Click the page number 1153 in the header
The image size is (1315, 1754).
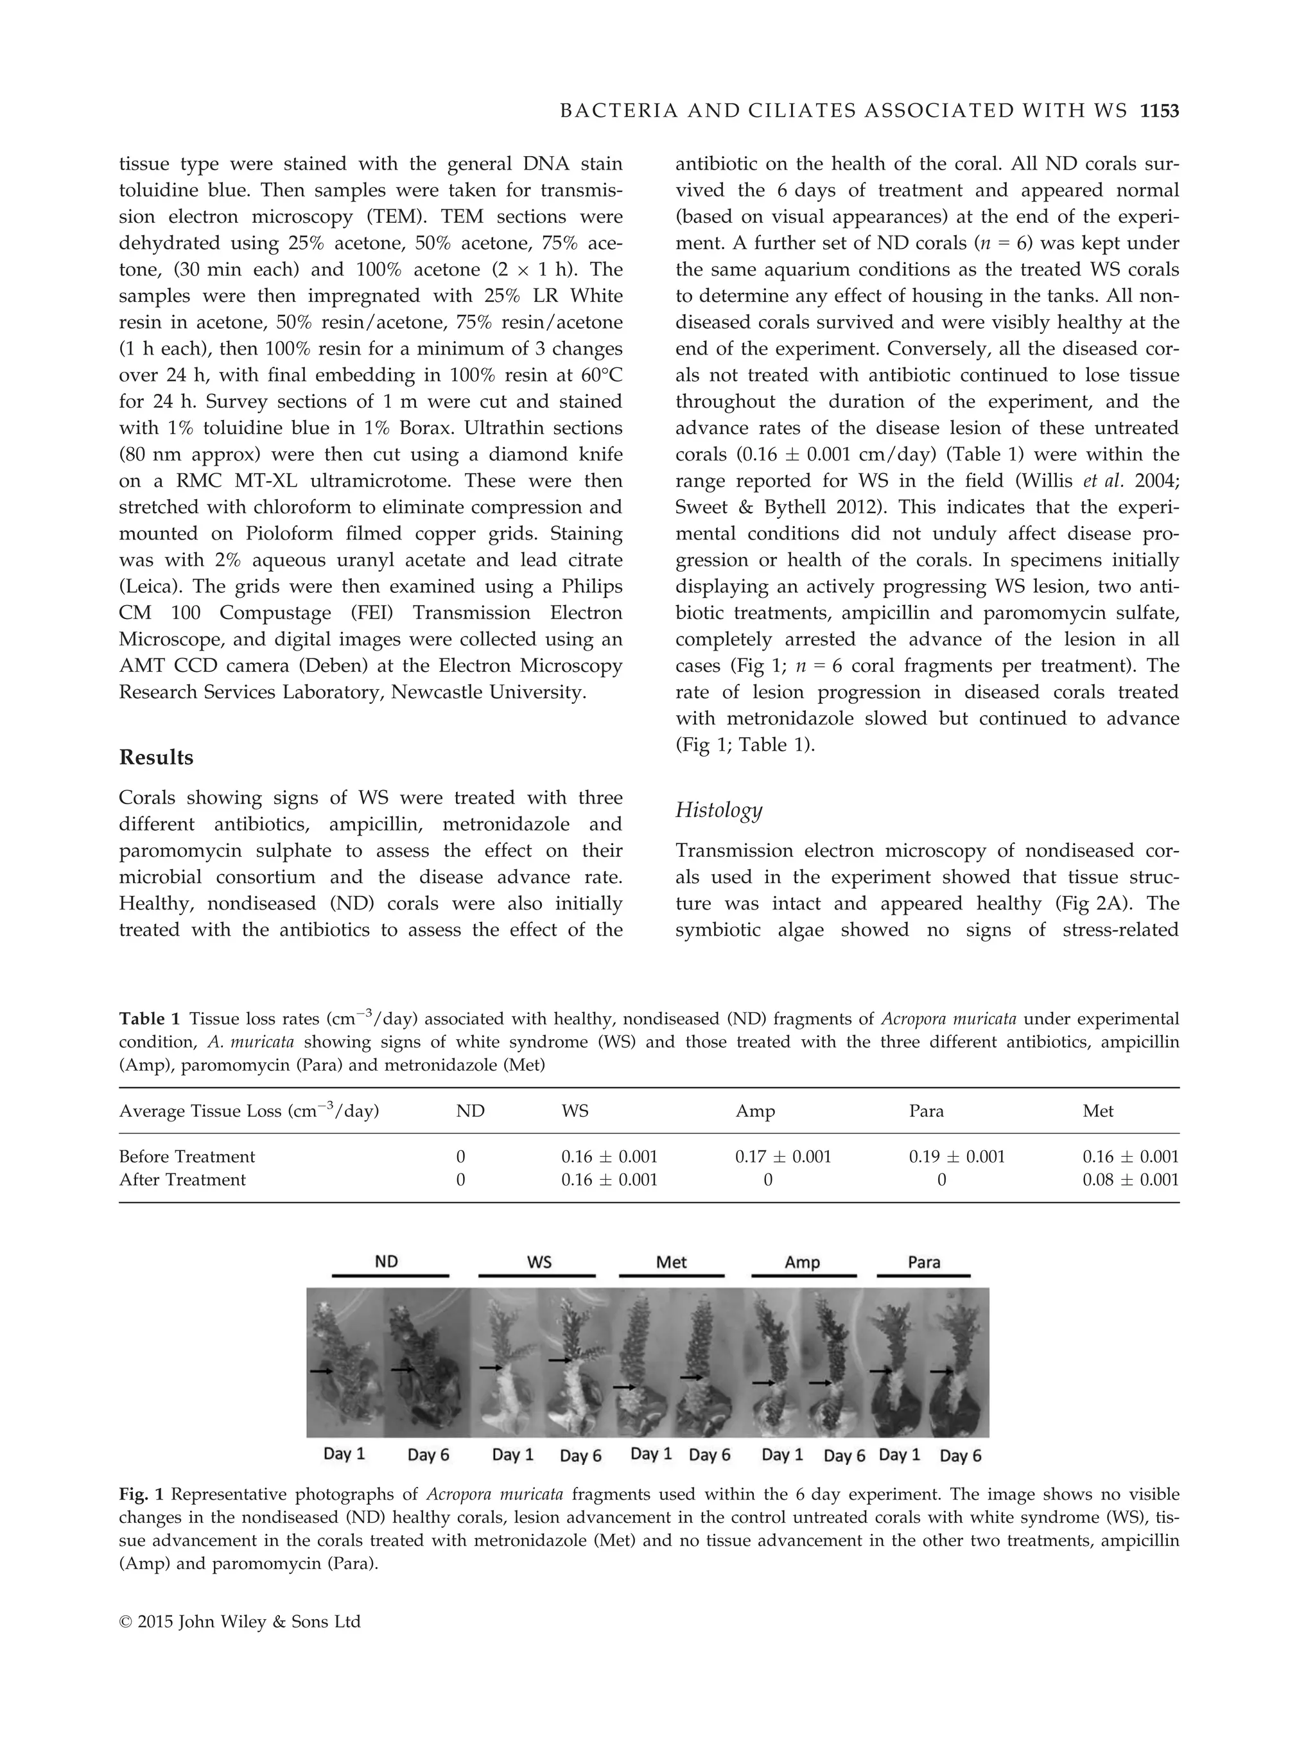click(1160, 112)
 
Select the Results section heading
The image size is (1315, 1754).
click(156, 757)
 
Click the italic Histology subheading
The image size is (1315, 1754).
click(718, 810)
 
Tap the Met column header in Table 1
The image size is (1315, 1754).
click(1098, 1111)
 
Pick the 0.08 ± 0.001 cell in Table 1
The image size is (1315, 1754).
click(1130, 1179)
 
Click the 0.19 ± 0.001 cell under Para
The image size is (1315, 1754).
click(957, 1156)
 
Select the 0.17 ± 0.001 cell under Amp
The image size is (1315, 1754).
click(783, 1156)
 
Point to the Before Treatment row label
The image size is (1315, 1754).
click(187, 1156)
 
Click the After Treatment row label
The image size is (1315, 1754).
click(182, 1179)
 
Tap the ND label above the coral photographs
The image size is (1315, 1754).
click(386, 1261)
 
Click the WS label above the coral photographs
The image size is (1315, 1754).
click(539, 1261)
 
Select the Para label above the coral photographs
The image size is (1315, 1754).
click(923, 1261)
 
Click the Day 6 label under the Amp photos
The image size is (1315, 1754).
click(844, 1456)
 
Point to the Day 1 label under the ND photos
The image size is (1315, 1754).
click(344, 1453)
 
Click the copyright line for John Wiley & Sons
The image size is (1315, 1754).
click(239, 1622)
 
